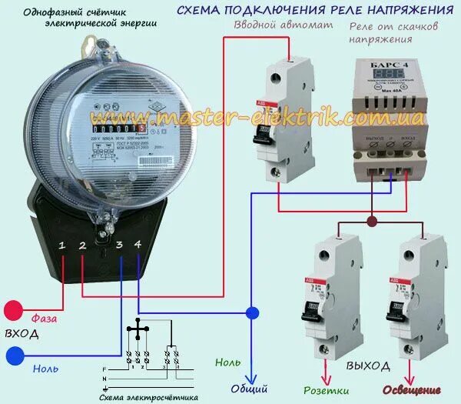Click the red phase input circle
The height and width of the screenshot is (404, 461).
click(x=14, y=311)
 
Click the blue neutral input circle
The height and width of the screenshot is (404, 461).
click(x=14, y=356)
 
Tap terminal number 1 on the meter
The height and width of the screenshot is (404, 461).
click(x=62, y=245)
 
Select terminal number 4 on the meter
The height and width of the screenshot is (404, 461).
click(x=138, y=244)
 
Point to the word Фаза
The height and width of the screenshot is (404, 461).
click(x=45, y=317)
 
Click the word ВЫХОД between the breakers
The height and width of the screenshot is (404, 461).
click(x=367, y=365)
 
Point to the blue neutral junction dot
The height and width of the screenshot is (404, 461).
click(x=252, y=313)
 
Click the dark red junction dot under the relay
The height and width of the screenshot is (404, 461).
click(x=372, y=222)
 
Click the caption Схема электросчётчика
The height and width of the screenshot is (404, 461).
click(x=149, y=397)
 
